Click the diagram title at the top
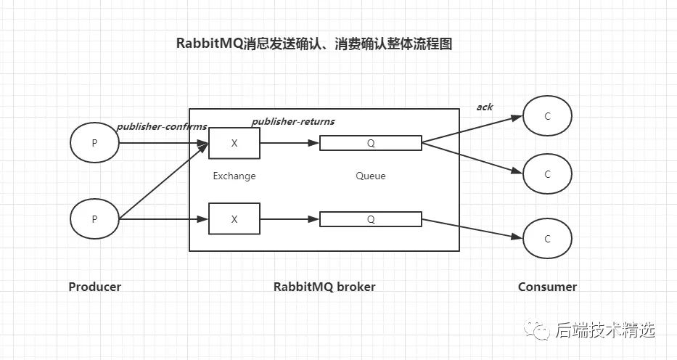click(314, 44)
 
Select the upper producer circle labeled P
click(94, 143)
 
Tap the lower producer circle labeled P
click(94, 218)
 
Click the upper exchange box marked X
click(234, 143)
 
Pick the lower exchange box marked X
click(234, 218)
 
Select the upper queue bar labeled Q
click(371, 143)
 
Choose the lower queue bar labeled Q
click(371, 218)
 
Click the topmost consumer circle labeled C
click(548, 116)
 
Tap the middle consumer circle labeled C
click(548, 174)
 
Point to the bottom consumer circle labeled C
click(548, 239)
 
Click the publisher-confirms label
click(162, 126)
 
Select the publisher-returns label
click(293, 120)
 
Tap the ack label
click(485, 107)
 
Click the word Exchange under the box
click(234, 176)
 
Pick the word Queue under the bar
click(371, 176)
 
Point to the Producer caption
click(95, 287)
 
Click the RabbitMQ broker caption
click(324, 287)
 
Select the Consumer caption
click(547, 287)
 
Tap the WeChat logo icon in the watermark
click(541, 330)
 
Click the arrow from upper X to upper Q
click(290, 143)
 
